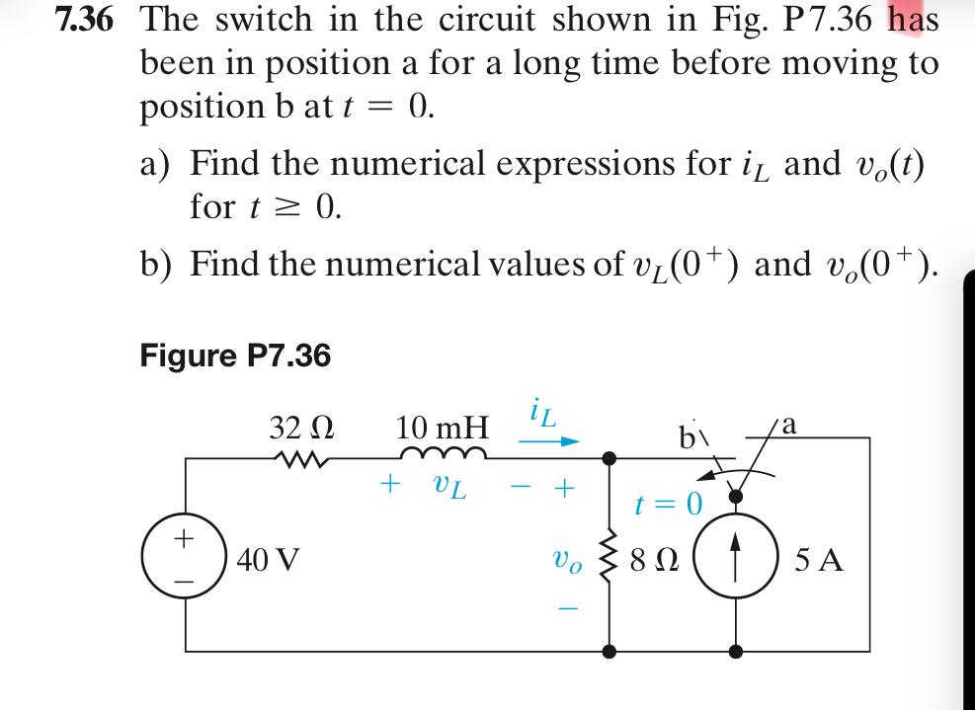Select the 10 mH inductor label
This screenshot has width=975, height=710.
(442, 429)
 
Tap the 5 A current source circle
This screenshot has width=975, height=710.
(736, 562)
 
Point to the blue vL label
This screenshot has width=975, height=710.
(447, 486)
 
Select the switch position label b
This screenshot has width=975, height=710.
(688, 434)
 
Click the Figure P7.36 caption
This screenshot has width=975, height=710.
(235, 355)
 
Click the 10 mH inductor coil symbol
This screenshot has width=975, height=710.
(443, 454)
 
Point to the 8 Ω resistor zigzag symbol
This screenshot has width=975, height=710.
(610, 562)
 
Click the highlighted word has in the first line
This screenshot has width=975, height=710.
(913, 19)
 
